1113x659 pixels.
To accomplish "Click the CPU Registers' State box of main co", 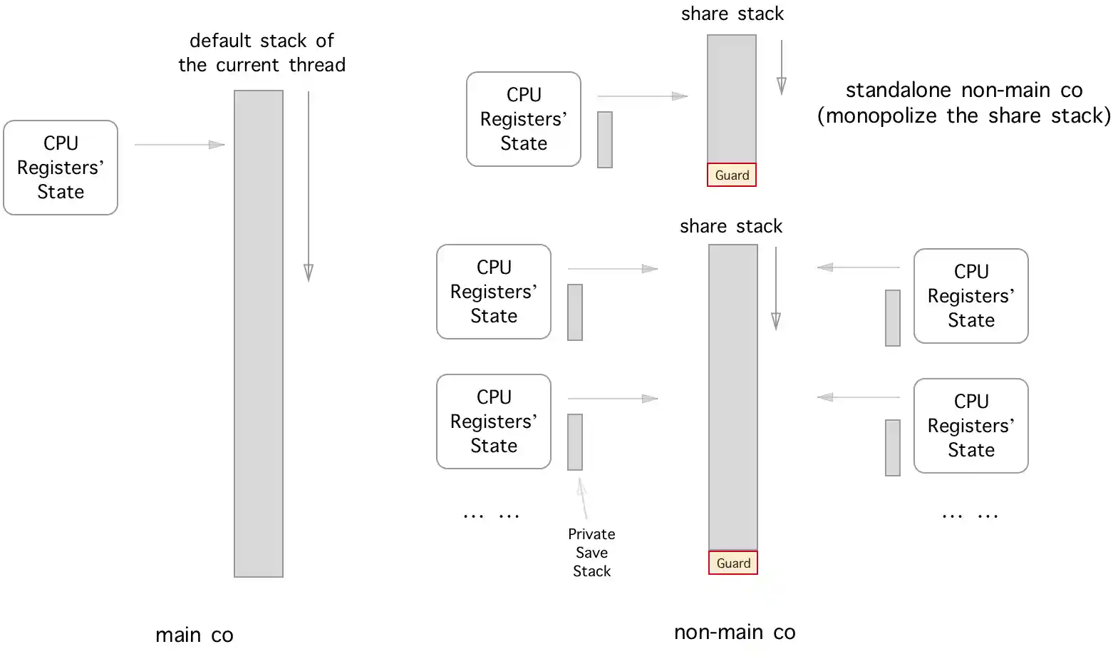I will (61, 168).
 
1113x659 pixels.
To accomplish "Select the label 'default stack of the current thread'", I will (262, 53).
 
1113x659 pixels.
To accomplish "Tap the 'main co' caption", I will (195, 635).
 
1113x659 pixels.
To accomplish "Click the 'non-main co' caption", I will (735, 632).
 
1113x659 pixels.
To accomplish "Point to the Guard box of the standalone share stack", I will (732, 175).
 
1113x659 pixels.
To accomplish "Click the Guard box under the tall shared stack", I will (733, 563).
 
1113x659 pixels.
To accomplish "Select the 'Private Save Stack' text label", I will (591, 553).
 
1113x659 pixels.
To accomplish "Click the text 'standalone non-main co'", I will (963, 90).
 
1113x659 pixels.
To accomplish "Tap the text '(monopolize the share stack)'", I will (963, 116).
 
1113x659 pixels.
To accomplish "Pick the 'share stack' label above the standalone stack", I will (732, 14).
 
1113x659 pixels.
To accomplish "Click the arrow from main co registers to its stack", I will (180, 145).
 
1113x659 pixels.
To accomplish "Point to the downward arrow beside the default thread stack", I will (309, 186).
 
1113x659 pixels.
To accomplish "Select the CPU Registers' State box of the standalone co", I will (524, 119).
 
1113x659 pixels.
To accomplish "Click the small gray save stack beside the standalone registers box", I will (605, 140).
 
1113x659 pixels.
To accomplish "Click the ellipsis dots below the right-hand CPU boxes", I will (970, 515).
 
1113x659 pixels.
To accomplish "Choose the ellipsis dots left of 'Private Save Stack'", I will (491, 515).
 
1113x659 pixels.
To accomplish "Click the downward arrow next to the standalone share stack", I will (782, 67).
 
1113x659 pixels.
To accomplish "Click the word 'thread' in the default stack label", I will (317, 65).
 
